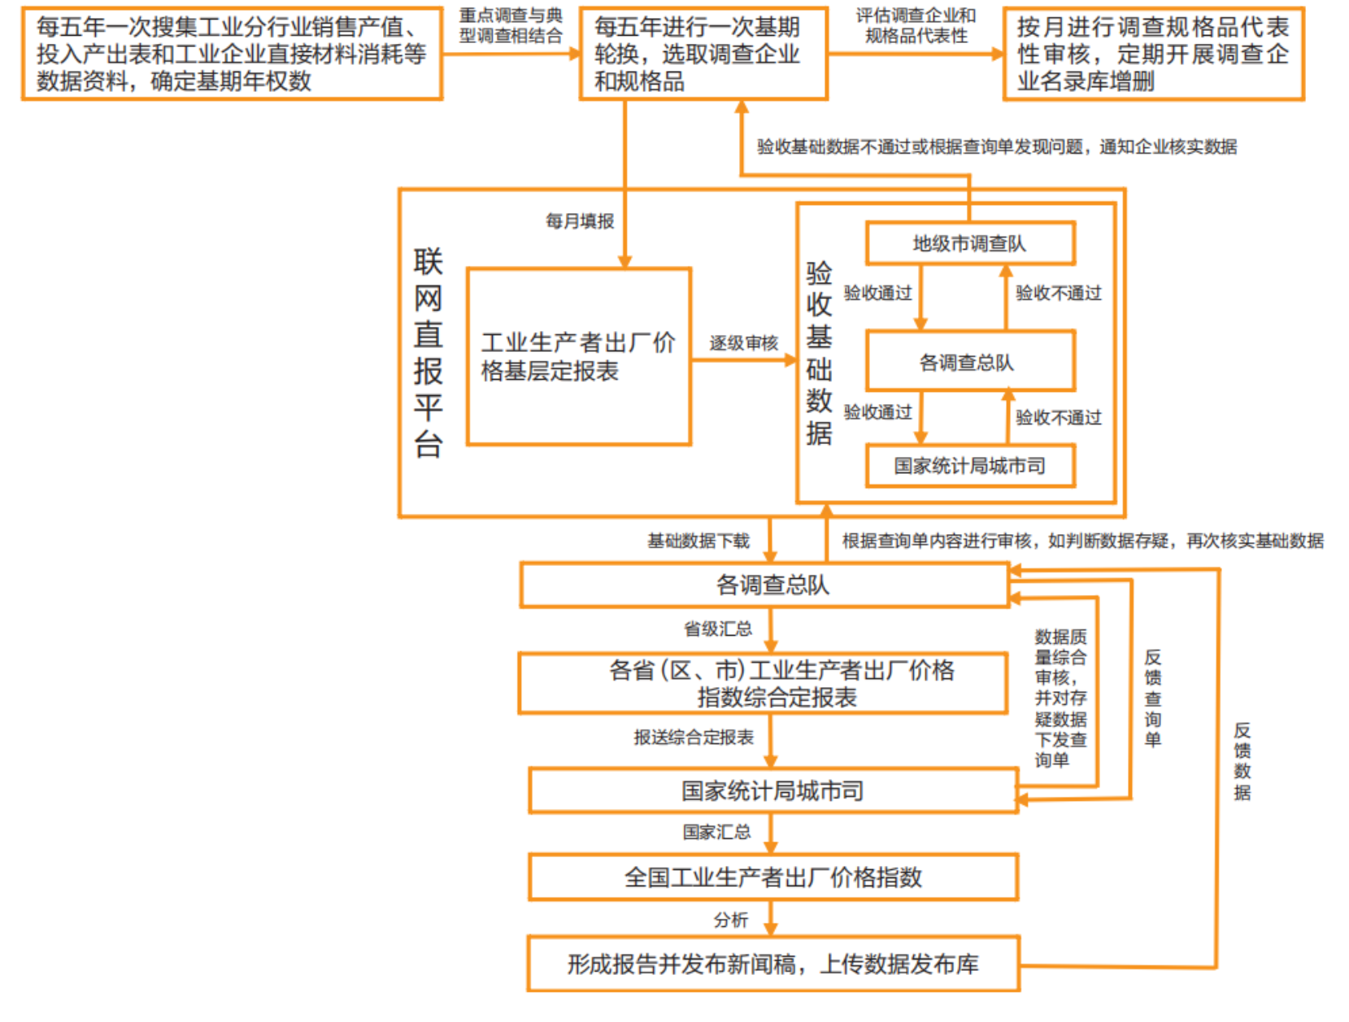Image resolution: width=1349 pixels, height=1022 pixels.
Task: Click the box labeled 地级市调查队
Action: pyautogui.click(x=969, y=243)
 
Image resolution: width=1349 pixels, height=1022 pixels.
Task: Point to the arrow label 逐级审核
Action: pyautogui.click(x=743, y=343)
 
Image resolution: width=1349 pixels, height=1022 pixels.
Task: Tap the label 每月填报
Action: pyautogui.click(x=580, y=221)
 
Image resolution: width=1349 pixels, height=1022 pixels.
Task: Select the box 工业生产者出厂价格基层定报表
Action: pyautogui.click(x=578, y=357)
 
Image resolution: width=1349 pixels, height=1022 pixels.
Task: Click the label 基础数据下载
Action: pyautogui.click(x=698, y=541)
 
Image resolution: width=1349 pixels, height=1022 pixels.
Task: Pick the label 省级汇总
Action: pyautogui.click(x=717, y=628)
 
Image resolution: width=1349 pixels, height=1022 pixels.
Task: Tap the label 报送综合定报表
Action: pyautogui.click(x=694, y=737)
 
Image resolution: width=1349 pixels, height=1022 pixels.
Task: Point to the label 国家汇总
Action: pyautogui.click(x=716, y=832)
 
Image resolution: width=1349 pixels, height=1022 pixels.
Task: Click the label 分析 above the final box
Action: pyautogui.click(x=730, y=920)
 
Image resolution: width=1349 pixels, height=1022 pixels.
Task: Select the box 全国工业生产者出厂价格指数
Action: pyautogui.click(x=772, y=877)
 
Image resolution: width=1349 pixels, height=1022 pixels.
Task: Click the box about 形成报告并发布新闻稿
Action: pyautogui.click(x=772, y=964)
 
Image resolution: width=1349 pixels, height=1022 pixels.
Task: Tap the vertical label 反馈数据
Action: pyautogui.click(x=1242, y=761)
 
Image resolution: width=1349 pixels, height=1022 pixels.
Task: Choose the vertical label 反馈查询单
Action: pyautogui.click(x=1152, y=698)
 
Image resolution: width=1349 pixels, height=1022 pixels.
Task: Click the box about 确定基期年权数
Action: pyautogui.click(x=232, y=54)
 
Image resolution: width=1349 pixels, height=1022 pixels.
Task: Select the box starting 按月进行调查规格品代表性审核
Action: pyautogui.click(x=1153, y=54)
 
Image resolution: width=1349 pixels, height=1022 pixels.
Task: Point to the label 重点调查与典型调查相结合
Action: pyautogui.click(x=511, y=25)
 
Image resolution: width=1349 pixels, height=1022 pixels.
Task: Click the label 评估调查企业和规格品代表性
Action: pyautogui.click(x=916, y=25)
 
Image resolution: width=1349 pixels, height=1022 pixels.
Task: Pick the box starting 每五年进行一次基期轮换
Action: pyautogui.click(x=703, y=54)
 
